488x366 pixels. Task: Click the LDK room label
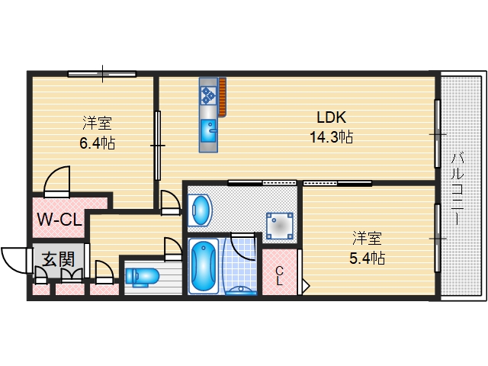point(332,117)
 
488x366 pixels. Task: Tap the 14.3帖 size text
point(332,137)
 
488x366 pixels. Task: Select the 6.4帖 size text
point(98,143)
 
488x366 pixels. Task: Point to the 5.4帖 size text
point(368,258)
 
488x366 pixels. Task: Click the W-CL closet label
point(59,220)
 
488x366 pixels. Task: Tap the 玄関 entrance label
point(59,259)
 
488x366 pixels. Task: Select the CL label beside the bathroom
point(279,276)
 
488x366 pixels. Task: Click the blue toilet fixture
point(143,277)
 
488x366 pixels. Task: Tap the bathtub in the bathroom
point(204,266)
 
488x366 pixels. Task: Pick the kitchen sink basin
point(208,130)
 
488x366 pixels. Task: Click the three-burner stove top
point(208,95)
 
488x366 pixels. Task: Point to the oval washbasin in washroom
point(200,210)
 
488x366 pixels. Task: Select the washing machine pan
point(280,226)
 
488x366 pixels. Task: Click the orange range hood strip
point(222,97)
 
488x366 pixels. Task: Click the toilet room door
point(173,249)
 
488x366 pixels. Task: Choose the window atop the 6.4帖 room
point(102,74)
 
